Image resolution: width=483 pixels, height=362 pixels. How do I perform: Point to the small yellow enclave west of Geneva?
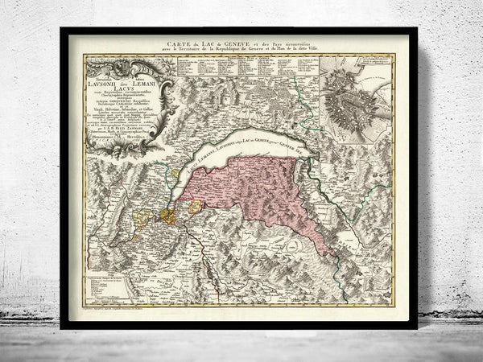point(144,217)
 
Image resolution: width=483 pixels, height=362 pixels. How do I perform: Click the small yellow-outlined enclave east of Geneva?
point(195,208)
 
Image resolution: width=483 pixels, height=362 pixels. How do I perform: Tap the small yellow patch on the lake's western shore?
point(175,171)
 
